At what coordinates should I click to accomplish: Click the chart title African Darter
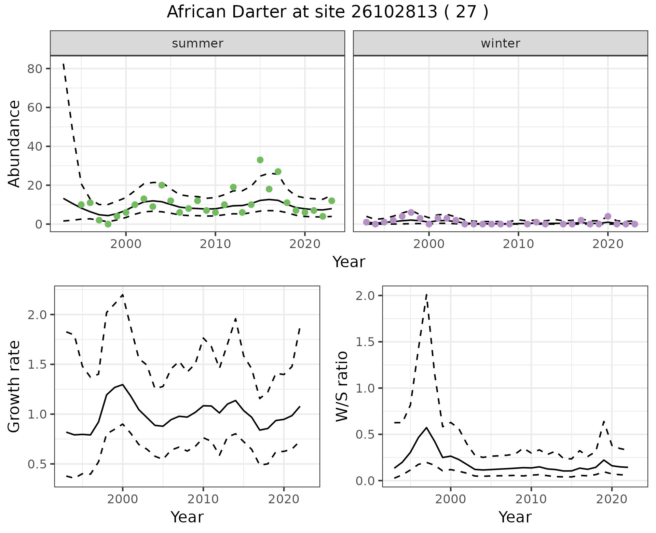[327, 12]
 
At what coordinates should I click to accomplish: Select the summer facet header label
[197, 43]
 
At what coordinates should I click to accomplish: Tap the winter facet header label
[500, 43]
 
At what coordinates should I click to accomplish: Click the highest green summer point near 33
[260, 160]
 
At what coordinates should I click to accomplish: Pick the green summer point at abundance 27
[278, 172]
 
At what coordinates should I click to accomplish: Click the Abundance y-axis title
[14, 143]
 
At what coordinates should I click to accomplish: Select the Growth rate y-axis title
[14, 386]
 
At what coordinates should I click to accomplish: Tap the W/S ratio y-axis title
[342, 386]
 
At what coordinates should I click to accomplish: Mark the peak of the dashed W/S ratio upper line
[426, 294]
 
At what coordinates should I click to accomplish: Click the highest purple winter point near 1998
[411, 213]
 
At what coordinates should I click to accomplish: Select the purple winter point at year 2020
[608, 216]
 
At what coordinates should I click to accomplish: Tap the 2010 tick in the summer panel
[215, 244]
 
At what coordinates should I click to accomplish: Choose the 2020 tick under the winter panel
[608, 244]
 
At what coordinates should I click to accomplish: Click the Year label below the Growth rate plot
[187, 517]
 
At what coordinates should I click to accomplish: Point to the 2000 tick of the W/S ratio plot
[450, 499]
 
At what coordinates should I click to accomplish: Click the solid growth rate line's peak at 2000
[122, 384]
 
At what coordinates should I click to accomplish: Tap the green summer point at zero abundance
[108, 224]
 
